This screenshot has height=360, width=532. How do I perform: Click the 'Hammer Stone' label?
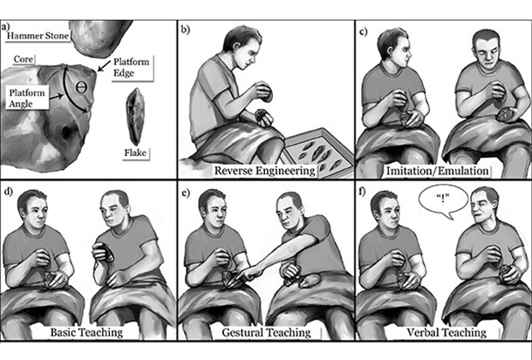38,36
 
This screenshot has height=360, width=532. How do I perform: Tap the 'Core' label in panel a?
24,59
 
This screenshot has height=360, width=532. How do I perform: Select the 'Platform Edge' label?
131,67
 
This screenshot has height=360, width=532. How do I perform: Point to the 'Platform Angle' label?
27,98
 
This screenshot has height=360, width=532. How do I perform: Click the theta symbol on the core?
81,87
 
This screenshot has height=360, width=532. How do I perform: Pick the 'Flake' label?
135,153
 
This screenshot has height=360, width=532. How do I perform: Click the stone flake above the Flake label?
135,117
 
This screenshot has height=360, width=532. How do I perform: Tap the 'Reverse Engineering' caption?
264,171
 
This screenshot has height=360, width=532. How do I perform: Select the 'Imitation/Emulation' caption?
437,171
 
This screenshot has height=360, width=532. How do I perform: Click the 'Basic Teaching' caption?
86,332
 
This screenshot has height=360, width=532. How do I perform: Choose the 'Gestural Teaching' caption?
266,333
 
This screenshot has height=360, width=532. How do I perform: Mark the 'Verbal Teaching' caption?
447,333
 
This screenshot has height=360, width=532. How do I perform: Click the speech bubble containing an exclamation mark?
443,201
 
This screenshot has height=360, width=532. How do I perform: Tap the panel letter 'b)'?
185,30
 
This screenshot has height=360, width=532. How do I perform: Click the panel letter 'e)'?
185,193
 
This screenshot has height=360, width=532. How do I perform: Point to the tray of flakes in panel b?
317,153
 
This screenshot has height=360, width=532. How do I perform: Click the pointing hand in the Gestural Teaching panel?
249,272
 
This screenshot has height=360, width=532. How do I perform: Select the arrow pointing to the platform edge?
104,65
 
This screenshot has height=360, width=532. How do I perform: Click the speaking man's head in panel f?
484,206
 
